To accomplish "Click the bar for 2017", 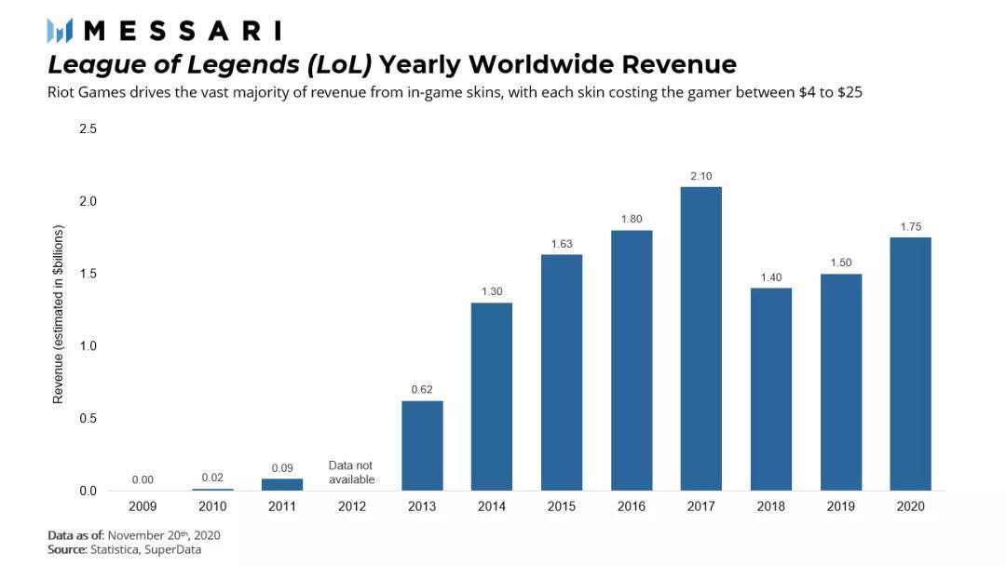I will [x=700, y=339].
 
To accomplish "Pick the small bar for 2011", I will [x=282, y=484].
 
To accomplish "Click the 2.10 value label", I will [x=700, y=177].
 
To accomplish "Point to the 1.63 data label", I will [x=561, y=245].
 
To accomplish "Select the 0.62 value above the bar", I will [x=422, y=390].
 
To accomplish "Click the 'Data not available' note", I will [x=351, y=472].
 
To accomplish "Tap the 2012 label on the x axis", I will [x=351, y=506].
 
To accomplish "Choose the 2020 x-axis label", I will [x=910, y=506].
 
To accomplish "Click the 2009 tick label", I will [x=143, y=506].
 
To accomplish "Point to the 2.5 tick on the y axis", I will [x=88, y=128].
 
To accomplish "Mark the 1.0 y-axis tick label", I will [x=88, y=346].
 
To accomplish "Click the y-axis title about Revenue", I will [x=59, y=314].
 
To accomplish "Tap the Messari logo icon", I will [x=60, y=31].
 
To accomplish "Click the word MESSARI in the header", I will [x=182, y=31].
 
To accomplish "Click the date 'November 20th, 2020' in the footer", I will [x=164, y=535].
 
